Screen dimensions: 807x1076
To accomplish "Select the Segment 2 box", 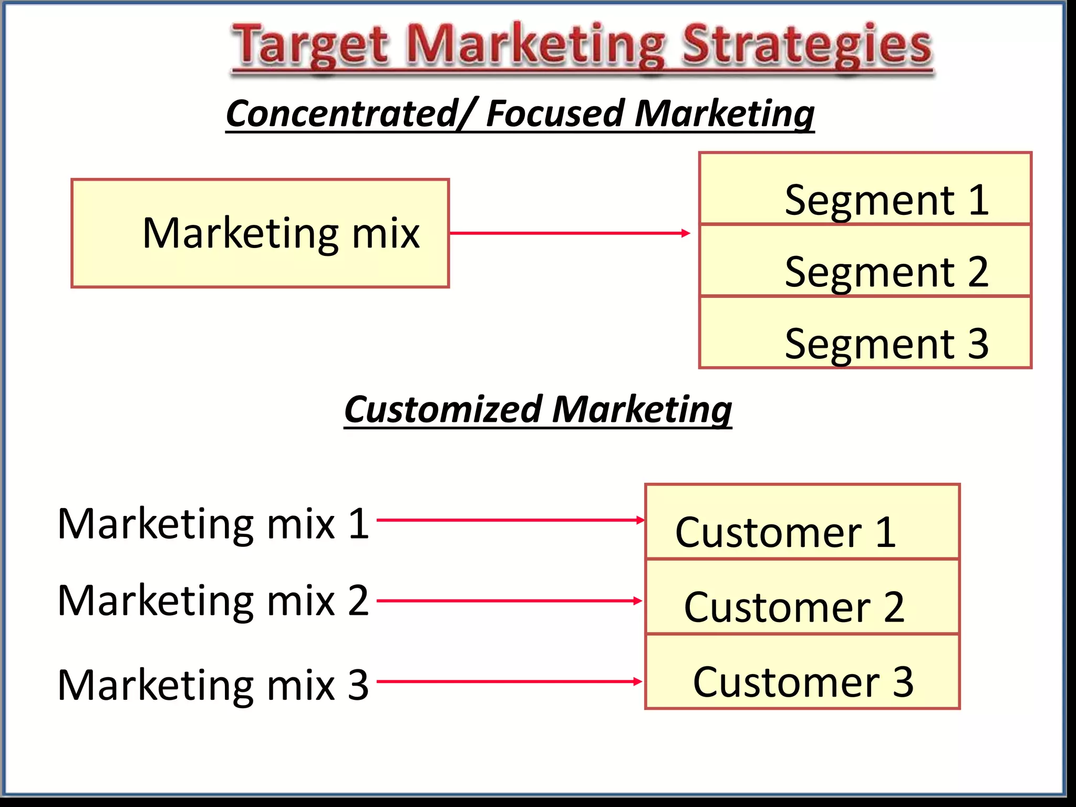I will click(865, 261).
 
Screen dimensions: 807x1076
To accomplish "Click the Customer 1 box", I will click(802, 522).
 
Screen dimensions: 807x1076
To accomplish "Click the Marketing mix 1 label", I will click(213, 524).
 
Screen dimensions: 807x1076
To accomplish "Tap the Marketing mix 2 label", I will click(213, 601).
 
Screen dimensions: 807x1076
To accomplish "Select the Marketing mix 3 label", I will click(213, 685).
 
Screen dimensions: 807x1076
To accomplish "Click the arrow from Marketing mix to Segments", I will click(570, 233).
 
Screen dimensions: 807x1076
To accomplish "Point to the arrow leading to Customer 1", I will click(510, 520).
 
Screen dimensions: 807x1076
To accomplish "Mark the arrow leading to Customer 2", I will click(510, 601).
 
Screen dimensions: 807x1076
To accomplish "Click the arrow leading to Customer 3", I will click(510, 681).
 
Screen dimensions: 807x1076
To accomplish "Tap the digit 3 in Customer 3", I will click(903, 682).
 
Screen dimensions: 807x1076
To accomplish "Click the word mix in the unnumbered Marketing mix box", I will click(386, 233).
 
